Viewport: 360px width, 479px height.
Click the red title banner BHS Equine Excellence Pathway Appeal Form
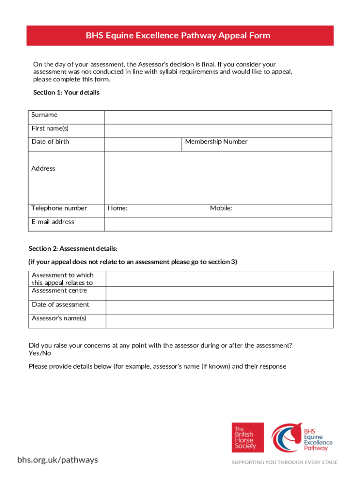click(x=180, y=36)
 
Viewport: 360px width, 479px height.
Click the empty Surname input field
click(x=218, y=117)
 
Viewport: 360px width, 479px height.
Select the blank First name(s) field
click(x=218, y=131)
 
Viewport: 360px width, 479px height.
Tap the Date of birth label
click(x=50, y=142)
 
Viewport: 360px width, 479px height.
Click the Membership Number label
click(x=216, y=142)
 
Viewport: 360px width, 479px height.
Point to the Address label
click(x=43, y=168)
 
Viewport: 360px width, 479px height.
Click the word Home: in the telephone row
click(x=118, y=209)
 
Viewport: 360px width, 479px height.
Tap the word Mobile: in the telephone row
click(x=221, y=209)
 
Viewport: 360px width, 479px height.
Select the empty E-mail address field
click(x=218, y=224)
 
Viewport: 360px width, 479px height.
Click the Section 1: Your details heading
click(x=66, y=93)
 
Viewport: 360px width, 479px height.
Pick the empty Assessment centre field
click(x=219, y=293)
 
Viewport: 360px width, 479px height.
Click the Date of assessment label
click(x=60, y=305)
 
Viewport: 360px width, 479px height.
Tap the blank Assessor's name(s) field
click(x=219, y=321)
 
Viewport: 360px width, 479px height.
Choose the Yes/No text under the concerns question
click(x=40, y=353)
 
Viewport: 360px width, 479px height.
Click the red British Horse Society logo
click(x=247, y=437)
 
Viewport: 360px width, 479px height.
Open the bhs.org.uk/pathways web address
click(x=58, y=460)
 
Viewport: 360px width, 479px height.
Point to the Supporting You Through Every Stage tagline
click(x=285, y=462)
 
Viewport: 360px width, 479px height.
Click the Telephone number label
click(x=59, y=208)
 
